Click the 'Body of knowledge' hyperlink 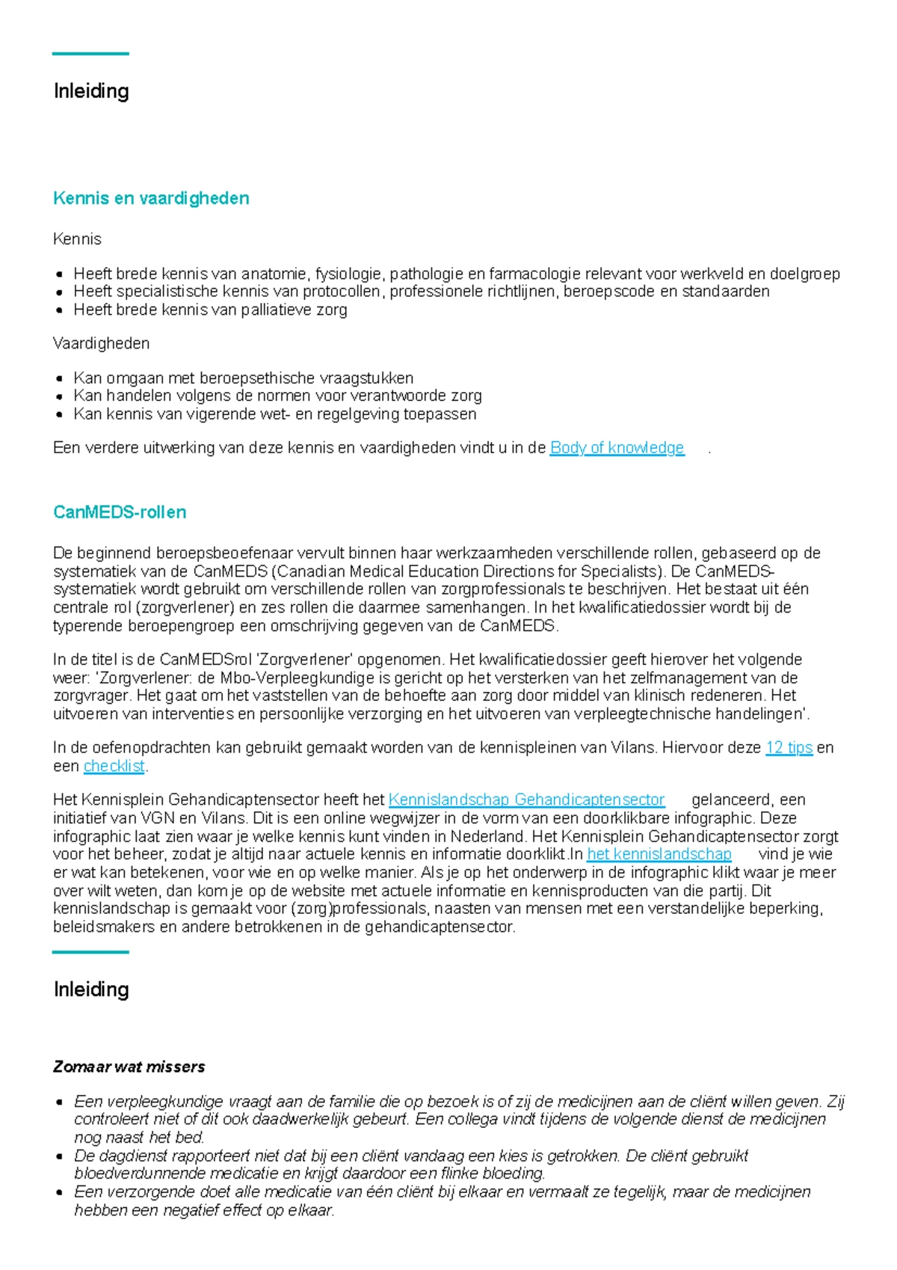coord(617,448)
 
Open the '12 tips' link coord(789,747)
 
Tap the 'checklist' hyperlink coord(114,766)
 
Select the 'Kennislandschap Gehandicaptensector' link coord(526,800)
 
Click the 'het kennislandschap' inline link coord(659,854)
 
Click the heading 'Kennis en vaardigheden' coord(151,198)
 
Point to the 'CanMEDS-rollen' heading coord(120,512)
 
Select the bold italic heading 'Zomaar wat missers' coord(129,1067)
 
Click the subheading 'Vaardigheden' coord(101,343)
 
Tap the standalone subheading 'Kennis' coord(77,239)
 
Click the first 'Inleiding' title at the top coord(91,91)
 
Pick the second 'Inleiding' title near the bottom coord(91,990)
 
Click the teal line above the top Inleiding coord(90,54)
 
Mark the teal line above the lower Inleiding coord(90,952)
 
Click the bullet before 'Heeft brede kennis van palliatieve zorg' coord(59,310)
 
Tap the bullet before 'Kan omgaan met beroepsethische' coord(59,378)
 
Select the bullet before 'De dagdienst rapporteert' coord(59,1156)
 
